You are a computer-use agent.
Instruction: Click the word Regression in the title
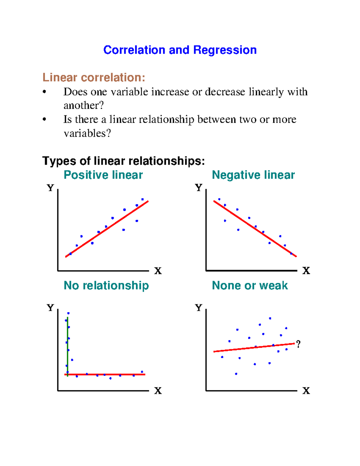pos(225,50)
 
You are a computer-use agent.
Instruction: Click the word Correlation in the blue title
pos(134,50)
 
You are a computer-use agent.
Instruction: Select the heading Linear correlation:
pos(94,77)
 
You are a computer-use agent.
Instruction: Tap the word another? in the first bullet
pos(83,105)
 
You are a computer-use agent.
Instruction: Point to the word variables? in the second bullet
pos(87,133)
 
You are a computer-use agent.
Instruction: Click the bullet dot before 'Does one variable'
pos(44,92)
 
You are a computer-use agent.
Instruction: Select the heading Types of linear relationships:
pos(123,161)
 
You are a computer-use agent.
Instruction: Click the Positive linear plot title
pos(103,175)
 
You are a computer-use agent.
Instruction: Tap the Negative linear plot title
pos(253,175)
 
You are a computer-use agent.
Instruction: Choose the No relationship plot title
pos(106,285)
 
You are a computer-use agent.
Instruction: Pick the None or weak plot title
pos(250,285)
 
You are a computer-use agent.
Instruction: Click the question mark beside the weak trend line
pos(298,344)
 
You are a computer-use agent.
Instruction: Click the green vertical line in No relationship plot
pos(67,345)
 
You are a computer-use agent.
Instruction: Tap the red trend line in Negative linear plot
pos(255,229)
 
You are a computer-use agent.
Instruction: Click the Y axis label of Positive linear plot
pos(50,188)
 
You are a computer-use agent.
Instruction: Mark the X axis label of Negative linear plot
pos(306,271)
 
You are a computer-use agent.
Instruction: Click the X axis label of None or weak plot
pos(306,391)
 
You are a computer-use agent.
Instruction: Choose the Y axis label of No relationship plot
pos(50,308)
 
